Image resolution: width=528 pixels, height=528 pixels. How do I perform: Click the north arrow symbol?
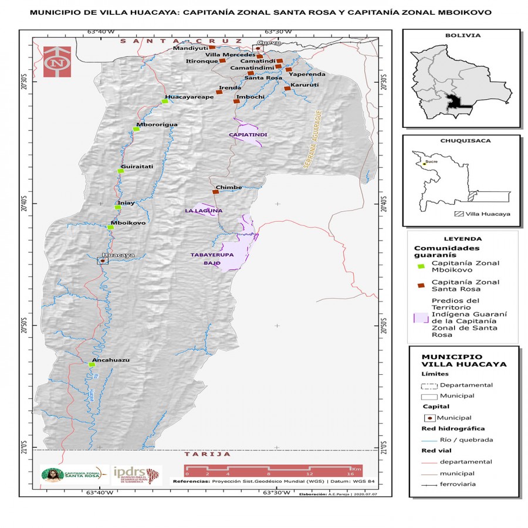tap(57, 62)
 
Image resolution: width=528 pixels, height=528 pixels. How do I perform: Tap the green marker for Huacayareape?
tap(165, 101)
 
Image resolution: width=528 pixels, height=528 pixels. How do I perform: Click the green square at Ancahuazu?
tap(92, 365)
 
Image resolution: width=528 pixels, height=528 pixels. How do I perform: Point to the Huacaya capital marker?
tap(103, 260)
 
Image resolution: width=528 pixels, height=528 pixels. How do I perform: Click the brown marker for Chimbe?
tap(216, 192)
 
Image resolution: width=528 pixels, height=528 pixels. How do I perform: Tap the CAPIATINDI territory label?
tap(248, 135)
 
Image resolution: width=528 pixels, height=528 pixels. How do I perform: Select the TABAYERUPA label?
tap(212, 255)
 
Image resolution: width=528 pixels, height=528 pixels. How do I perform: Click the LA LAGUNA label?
tap(204, 210)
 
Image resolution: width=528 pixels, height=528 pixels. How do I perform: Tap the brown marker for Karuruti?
tap(287, 89)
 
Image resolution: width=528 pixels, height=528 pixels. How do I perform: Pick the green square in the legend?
tap(421, 267)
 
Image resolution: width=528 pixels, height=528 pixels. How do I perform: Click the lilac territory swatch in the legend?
tap(421, 317)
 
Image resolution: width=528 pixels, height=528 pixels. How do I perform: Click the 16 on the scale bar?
tap(350, 473)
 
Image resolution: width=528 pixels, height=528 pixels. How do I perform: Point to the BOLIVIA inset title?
tap(462, 35)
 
